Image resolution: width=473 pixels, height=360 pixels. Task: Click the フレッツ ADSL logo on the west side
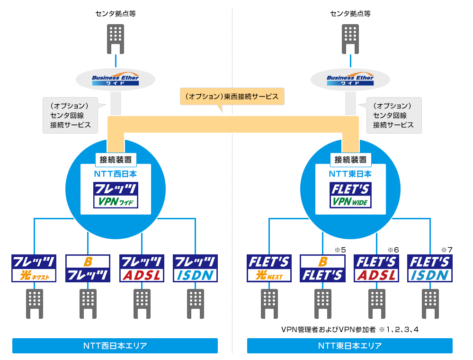pyautogui.click(x=142, y=269)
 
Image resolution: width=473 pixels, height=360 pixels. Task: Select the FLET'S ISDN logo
pyautogui.click(x=430, y=269)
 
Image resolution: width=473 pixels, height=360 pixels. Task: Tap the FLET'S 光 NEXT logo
pyautogui.click(x=269, y=269)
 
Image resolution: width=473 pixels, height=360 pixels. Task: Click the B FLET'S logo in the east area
pyautogui.click(x=323, y=269)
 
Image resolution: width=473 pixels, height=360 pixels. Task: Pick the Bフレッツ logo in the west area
pyautogui.click(x=88, y=269)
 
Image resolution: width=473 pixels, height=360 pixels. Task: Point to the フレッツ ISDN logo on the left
pyautogui.click(x=195, y=269)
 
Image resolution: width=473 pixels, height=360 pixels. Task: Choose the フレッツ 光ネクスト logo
pyautogui.click(x=34, y=269)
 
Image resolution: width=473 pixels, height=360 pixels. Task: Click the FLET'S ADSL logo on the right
pyautogui.click(x=376, y=269)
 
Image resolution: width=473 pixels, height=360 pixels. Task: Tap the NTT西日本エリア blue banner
pyautogui.click(x=115, y=346)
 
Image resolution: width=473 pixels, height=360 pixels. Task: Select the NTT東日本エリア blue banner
pyautogui.click(x=349, y=346)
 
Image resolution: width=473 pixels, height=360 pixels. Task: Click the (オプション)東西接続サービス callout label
pyautogui.click(x=232, y=96)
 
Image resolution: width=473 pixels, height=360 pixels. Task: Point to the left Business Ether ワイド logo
pyautogui.click(x=116, y=80)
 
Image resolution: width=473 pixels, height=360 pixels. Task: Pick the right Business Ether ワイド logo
pyautogui.click(x=350, y=80)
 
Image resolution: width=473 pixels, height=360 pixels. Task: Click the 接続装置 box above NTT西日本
pyautogui.click(x=116, y=159)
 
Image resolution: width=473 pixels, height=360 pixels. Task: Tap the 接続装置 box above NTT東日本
pyautogui.click(x=350, y=159)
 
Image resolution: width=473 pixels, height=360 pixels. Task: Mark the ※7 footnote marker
pyautogui.click(x=447, y=250)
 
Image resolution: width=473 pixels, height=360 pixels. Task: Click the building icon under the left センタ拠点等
pyautogui.click(x=116, y=38)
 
